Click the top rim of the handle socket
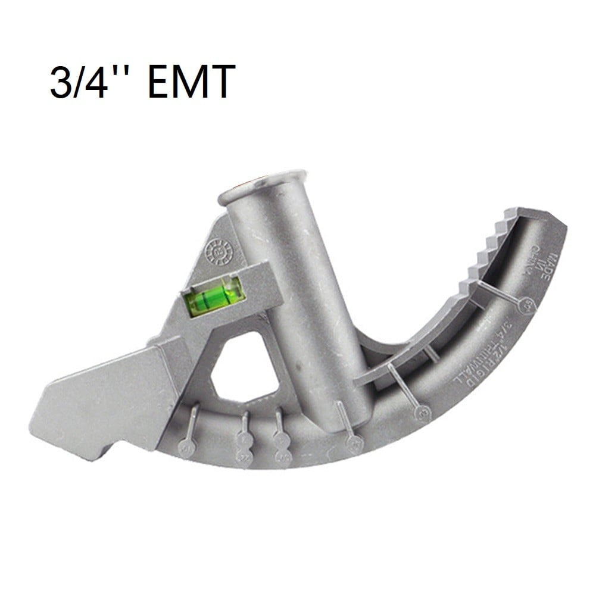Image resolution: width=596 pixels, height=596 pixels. pos(262,185)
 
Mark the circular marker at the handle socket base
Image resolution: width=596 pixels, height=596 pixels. pos(355,442)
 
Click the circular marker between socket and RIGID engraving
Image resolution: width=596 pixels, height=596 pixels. pos(422,412)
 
